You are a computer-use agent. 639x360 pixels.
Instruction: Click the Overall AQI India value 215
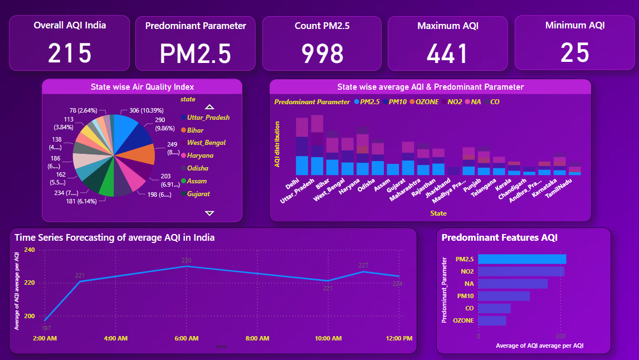tap(70, 53)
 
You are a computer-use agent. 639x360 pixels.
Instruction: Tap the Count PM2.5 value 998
tap(322, 53)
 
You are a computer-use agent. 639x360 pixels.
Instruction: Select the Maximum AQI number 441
tap(447, 53)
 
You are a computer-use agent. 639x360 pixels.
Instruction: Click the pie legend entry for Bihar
tap(195, 130)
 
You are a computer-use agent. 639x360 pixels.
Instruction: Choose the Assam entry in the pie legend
tap(197, 181)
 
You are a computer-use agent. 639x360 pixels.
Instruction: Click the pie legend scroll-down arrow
tap(209, 213)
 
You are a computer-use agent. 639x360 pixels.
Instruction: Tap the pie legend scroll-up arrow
tap(209, 107)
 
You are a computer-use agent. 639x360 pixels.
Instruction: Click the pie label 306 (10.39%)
tap(142, 110)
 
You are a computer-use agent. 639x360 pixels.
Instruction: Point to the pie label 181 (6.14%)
tap(81, 201)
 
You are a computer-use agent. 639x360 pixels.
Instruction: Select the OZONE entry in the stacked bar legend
tap(427, 102)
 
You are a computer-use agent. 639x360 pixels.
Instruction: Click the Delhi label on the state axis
tap(292, 184)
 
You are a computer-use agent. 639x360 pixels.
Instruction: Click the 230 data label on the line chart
tap(186, 260)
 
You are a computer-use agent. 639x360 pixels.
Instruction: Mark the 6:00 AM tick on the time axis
tap(187, 338)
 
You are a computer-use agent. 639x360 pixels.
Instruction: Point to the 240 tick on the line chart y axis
tap(29, 250)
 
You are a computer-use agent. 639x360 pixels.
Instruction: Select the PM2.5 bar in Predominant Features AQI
tap(521, 259)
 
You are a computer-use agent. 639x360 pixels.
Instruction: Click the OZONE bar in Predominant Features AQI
tap(492, 320)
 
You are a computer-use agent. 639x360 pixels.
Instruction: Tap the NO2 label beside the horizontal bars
tap(467, 271)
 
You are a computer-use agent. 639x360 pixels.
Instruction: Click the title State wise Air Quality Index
tap(142, 87)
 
